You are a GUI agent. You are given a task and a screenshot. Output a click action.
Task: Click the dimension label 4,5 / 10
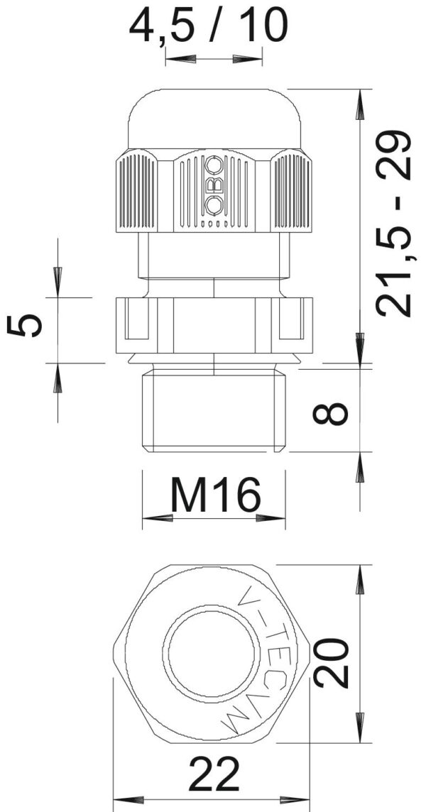(208, 25)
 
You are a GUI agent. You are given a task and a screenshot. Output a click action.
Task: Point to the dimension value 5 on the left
(25, 326)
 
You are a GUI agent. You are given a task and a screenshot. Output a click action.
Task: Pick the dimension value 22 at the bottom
(214, 774)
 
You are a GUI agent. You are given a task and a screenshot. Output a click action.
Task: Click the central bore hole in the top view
(212, 650)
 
